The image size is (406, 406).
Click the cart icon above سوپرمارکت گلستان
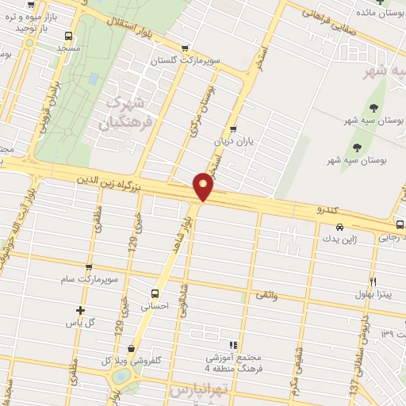(x=185, y=48)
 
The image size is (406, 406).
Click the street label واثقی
(x=266, y=295)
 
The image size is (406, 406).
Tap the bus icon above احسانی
(x=155, y=290)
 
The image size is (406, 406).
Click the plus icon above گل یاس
(x=79, y=310)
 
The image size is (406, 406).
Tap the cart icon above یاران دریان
(x=232, y=129)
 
